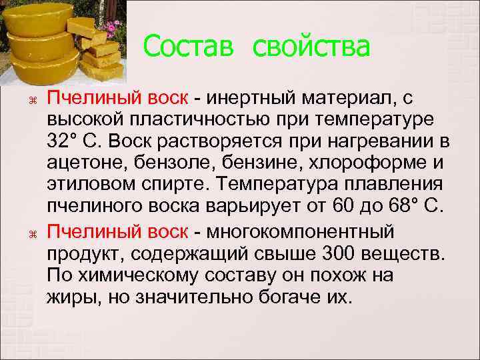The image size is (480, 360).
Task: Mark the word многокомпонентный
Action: point(301,231)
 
